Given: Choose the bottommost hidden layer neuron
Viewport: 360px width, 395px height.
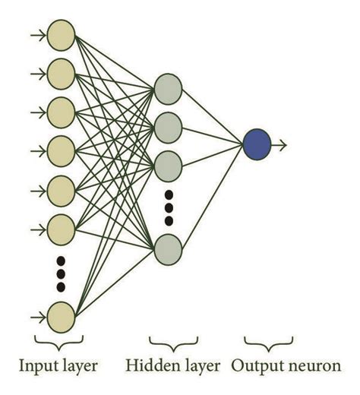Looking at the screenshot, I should point(167,248).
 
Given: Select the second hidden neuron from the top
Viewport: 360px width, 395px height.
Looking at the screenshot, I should point(167,124).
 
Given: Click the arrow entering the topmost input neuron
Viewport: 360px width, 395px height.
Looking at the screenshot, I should point(36,34).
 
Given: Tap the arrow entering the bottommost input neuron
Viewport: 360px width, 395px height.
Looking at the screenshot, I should point(36,314).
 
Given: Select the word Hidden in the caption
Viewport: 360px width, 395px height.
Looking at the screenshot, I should point(148,367).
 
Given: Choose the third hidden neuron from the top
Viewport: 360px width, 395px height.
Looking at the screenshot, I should point(167,162).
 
